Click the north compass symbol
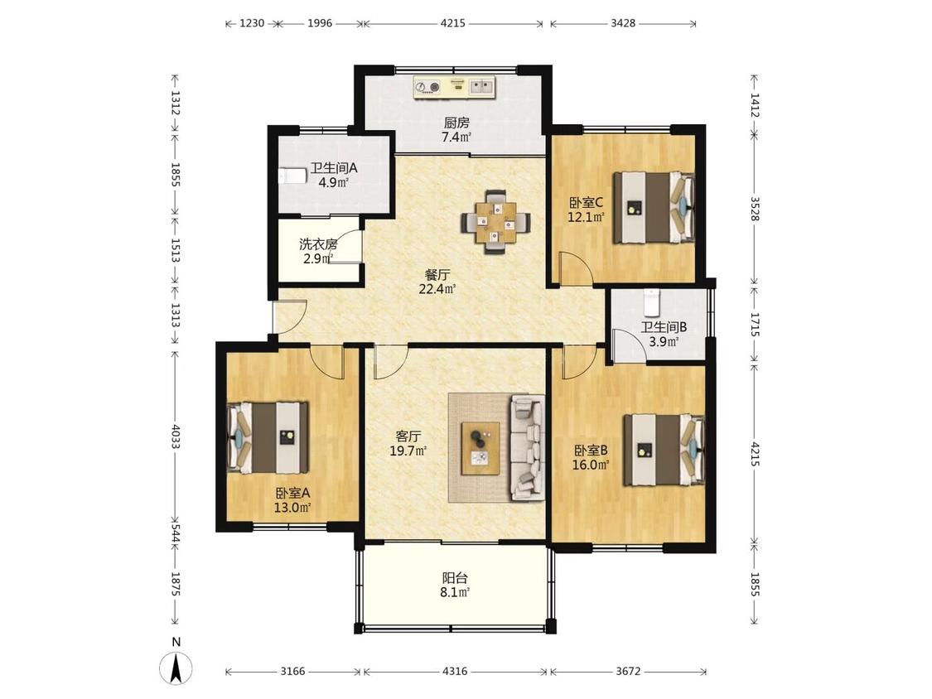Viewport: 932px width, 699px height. pyautogui.click(x=176, y=668)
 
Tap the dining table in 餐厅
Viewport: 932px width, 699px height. pyautogui.click(x=495, y=222)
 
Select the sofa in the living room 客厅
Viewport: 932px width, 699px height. pyautogui.click(x=527, y=448)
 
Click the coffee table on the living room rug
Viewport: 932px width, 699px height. pyautogui.click(x=480, y=449)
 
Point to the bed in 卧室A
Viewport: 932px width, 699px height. pyautogui.click(x=268, y=437)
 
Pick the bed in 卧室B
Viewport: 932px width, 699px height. pyautogui.click(x=664, y=450)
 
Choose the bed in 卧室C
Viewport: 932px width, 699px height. pyautogui.click(x=654, y=207)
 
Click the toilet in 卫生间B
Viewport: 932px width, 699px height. pyautogui.click(x=652, y=302)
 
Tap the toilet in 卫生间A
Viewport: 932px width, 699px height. pyautogui.click(x=292, y=176)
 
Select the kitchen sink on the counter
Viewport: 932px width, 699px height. pyautogui.click(x=482, y=87)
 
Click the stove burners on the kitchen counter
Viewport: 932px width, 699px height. pyautogui.click(x=427, y=87)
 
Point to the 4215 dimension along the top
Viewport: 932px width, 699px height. pyautogui.click(x=453, y=24)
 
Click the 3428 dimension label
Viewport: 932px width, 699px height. pyautogui.click(x=623, y=24)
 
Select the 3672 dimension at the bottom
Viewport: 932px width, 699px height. pyautogui.click(x=628, y=672)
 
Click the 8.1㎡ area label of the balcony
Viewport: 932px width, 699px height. pyautogui.click(x=456, y=593)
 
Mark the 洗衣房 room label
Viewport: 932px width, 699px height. pyautogui.click(x=319, y=243)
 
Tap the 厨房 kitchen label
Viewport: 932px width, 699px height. pyautogui.click(x=456, y=123)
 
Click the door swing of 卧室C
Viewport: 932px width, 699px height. pyautogui.click(x=576, y=268)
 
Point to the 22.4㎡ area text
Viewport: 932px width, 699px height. pyautogui.click(x=437, y=290)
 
